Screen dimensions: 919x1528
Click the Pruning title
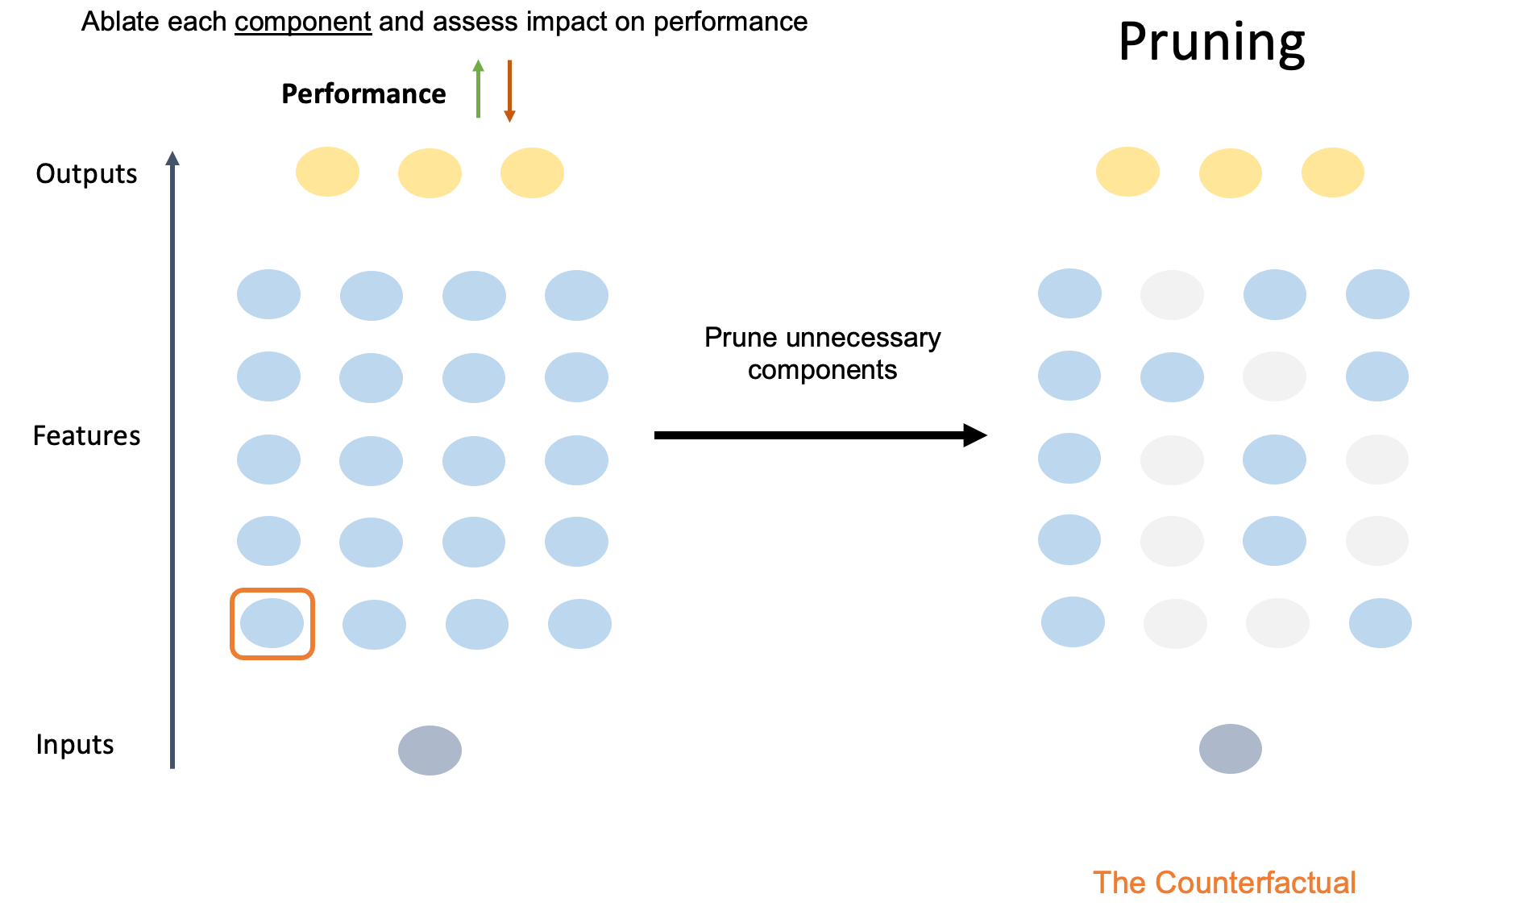1211,42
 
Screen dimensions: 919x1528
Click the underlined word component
303,22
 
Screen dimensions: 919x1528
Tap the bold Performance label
363,94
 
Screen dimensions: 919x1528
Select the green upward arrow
478,89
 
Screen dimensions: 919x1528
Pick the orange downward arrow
509,90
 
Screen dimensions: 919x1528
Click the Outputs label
86,174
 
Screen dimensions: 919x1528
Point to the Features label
86,436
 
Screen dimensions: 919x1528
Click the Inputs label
75,745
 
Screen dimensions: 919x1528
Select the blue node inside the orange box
272,623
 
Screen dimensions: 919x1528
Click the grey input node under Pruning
1230,749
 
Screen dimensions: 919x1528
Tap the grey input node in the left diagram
430,751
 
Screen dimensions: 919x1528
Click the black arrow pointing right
820,435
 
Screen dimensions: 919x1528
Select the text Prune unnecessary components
822,353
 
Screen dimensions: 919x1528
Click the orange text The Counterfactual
1224,883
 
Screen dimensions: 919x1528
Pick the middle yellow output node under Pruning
1230,173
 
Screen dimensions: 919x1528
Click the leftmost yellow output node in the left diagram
327,172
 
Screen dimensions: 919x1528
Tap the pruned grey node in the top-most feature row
1172,295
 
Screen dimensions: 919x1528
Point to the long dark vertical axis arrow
172,459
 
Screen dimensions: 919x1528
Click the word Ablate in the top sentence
112,22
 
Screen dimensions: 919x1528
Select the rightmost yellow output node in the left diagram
532,173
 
